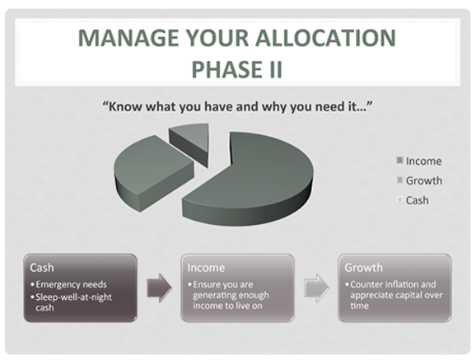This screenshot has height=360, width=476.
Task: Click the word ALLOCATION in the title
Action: [x=325, y=38]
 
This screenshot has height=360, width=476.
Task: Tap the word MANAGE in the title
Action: [x=128, y=38]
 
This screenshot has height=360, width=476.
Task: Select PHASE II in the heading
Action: [x=237, y=69]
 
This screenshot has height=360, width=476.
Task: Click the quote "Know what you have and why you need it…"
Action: [x=238, y=106]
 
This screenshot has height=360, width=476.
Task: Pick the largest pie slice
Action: [x=247, y=180]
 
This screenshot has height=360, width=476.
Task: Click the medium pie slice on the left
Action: [x=152, y=173]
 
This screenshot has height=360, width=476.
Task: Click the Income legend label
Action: [x=424, y=161]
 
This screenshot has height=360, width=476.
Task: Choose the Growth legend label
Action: [x=424, y=180]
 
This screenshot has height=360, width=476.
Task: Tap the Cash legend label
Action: [x=418, y=200]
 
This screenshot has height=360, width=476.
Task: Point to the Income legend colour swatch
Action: [x=399, y=161]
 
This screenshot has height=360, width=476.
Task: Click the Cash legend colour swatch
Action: [x=399, y=199]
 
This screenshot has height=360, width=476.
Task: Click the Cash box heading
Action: [x=42, y=268]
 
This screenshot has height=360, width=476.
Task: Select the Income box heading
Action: [x=206, y=268]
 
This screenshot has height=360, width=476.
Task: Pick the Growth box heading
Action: [x=364, y=268]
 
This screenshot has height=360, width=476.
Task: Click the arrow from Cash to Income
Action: [x=160, y=288]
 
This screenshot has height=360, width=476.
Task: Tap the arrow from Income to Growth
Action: [x=316, y=288]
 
